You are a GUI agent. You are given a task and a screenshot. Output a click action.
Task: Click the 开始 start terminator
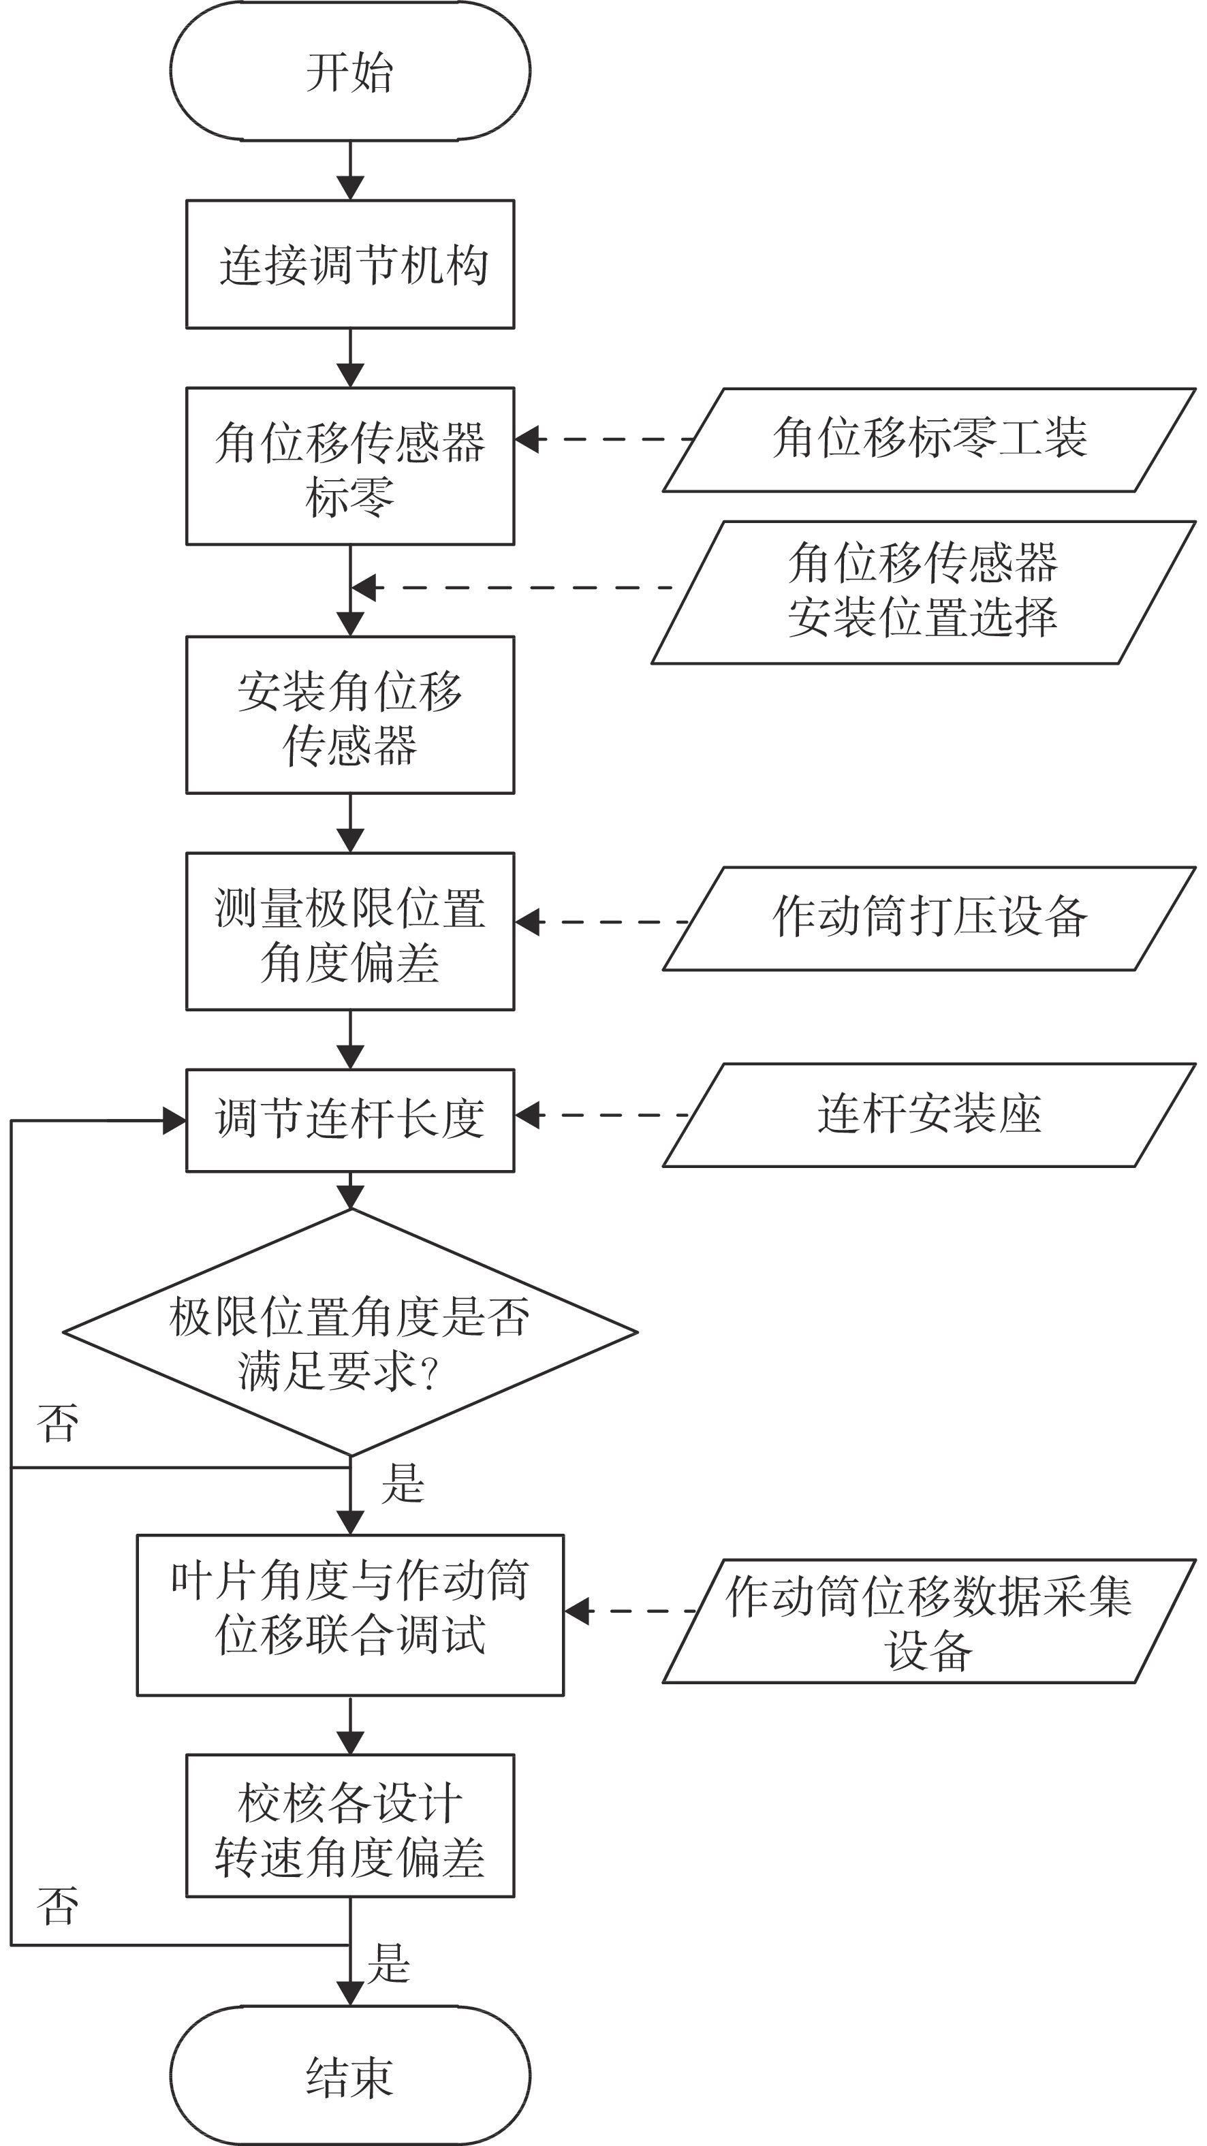pos(350,71)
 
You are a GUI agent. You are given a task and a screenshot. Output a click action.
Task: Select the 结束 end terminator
pos(350,2076)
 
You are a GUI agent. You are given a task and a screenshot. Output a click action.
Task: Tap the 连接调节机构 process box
pos(350,264)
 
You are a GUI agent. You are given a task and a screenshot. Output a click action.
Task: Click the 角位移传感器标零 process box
pos(350,467)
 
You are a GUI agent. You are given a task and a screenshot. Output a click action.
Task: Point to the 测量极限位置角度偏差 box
pos(350,932)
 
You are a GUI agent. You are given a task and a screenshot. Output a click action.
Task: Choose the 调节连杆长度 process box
pos(350,1120)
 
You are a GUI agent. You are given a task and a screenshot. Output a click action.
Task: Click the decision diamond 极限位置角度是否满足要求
pos(350,1332)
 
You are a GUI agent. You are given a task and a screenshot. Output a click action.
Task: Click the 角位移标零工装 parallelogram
pos(930,440)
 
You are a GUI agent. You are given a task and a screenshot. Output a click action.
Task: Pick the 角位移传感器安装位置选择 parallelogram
pos(924,593)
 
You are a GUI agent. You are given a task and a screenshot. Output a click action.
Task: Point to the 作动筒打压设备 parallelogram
pos(930,919)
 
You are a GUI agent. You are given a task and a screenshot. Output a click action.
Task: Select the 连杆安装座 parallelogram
pos(930,1115)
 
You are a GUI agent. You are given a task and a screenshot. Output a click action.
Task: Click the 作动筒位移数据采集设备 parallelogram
pos(930,1621)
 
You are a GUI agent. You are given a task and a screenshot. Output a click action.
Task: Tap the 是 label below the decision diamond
pos(403,1484)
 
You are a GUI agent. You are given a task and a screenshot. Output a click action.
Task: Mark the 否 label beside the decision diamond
pos(57,1422)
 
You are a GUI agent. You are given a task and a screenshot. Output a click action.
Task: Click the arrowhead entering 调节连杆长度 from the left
pos(174,1120)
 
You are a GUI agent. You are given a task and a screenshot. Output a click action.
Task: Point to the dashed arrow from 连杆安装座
pos(601,1115)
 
